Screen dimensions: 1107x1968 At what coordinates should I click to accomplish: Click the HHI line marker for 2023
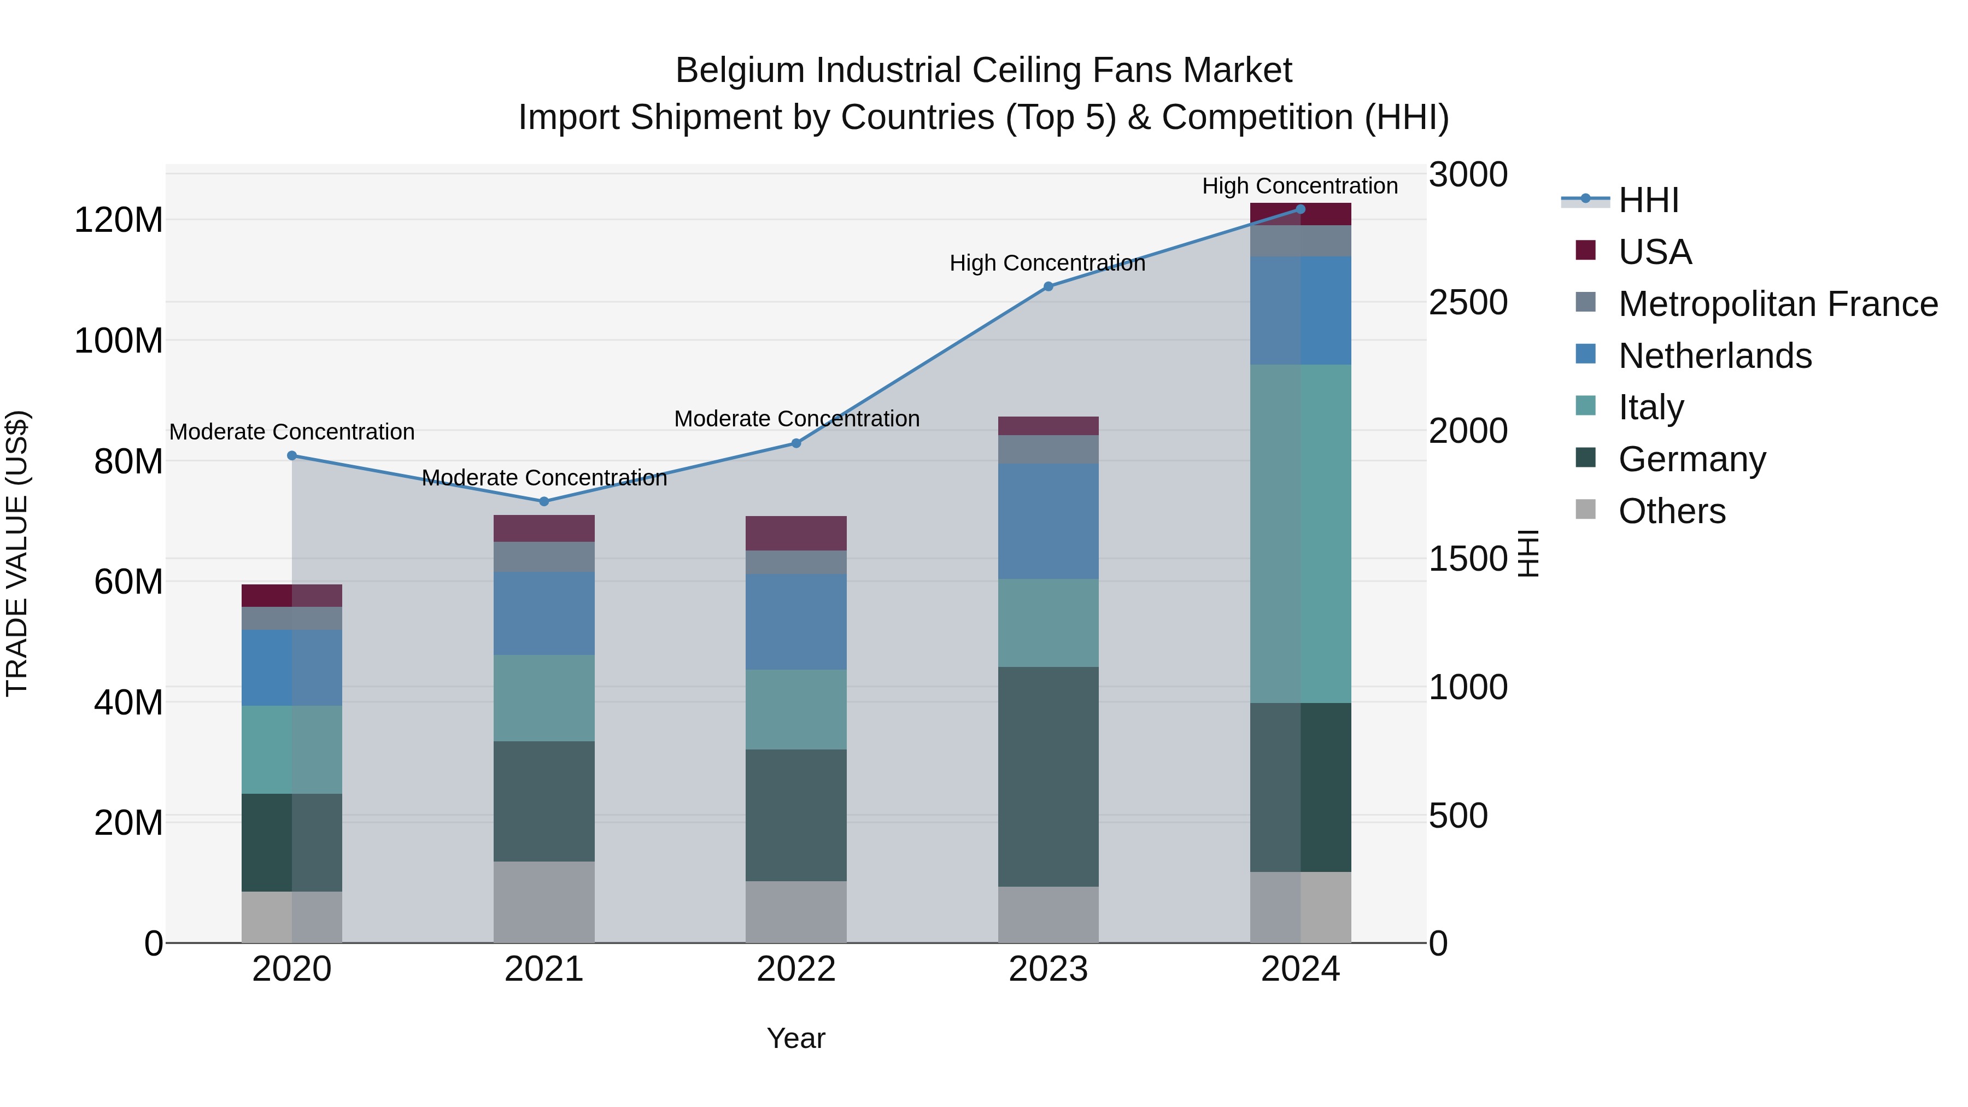1048,286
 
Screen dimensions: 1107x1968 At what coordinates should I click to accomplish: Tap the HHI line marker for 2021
544,501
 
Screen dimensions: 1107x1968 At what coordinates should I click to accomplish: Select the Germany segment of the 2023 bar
1048,776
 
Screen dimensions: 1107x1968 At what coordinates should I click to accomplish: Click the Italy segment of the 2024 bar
1301,533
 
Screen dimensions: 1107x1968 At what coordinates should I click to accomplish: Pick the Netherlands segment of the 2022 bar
796,622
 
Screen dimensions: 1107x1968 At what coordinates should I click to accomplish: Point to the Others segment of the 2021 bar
544,902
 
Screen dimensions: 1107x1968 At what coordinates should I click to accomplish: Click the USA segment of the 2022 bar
796,533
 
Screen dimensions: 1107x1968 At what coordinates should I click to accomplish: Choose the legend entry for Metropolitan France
1778,303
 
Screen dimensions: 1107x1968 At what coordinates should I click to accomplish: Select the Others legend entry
1672,511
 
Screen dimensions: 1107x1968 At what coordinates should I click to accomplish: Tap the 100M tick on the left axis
119,341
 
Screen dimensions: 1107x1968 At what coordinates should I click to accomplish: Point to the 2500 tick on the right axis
1468,302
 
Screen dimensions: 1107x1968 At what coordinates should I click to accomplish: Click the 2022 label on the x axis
796,969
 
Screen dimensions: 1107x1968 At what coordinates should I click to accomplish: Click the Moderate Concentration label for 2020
292,432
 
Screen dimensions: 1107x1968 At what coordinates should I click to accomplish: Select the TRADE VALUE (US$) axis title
17,553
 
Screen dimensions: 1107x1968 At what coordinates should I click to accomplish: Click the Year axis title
796,1038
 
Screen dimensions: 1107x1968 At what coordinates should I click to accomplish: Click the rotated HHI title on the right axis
1527,553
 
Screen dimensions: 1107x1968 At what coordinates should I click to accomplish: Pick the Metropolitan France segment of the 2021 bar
544,557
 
